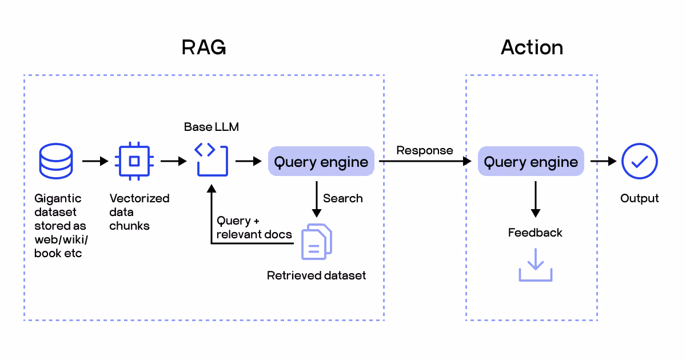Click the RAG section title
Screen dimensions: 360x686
click(x=204, y=47)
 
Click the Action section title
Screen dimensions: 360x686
click(x=532, y=47)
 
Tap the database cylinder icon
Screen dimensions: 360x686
click(x=55, y=161)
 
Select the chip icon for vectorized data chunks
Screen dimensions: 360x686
click(x=134, y=161)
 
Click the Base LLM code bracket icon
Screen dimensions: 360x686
click(x=212, y=160)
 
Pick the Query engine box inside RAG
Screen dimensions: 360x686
click(x=321, y=162)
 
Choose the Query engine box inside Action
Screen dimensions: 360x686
click(x=531, y=162)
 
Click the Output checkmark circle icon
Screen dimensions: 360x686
click(x=640, y=161)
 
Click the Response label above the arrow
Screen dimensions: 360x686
click(x=425, y=150)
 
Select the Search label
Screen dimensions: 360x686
click(x=342, y=198)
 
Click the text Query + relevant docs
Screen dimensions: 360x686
click(x=254, y=227)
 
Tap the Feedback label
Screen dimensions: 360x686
click(x=535, y=233)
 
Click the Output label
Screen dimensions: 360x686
click(x=640, y=198)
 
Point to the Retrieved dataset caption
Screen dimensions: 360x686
click(x=316, y=275)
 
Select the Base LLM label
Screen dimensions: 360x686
click(x=212, y=127)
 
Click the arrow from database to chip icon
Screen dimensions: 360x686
click(x=95, y=162)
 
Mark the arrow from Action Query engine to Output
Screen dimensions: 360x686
click(x=603, y=162)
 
